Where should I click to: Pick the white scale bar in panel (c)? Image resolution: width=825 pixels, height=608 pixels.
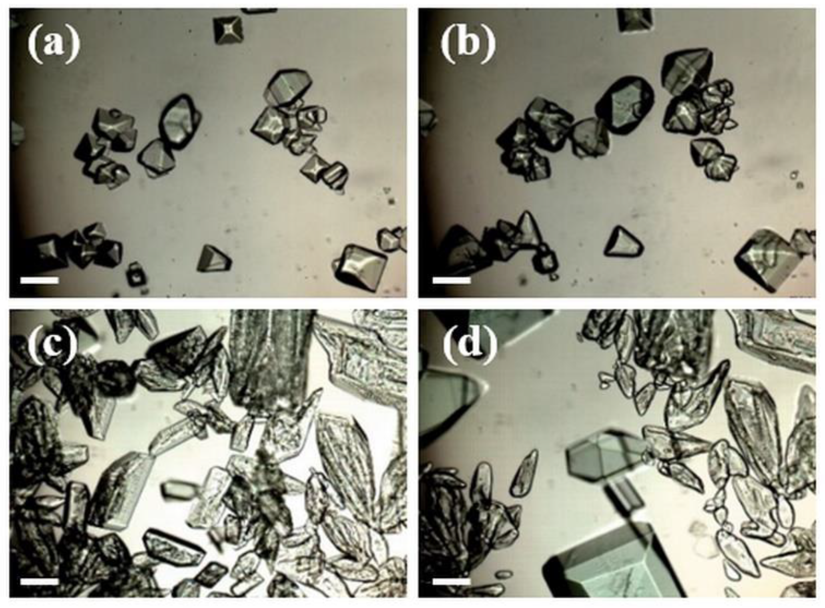(x=39, y=581)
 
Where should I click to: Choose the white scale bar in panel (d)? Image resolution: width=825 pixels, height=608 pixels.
(x=451, y=581)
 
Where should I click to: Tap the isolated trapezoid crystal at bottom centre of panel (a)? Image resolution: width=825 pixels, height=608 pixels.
(x=214, y=258)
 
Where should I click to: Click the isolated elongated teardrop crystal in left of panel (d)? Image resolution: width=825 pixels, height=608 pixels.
(x=524, y=472)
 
